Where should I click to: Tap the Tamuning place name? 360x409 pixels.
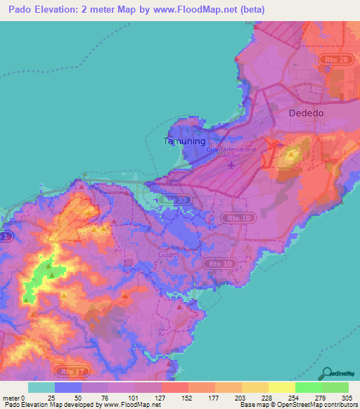(x=185, y=141)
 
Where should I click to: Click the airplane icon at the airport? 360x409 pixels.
(x=231, y=166)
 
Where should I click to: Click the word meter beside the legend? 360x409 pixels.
(x=11, y=398)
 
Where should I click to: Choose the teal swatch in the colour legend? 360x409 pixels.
(x=41, y=387)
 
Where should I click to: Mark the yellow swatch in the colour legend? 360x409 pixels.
(x=281, y=387)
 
